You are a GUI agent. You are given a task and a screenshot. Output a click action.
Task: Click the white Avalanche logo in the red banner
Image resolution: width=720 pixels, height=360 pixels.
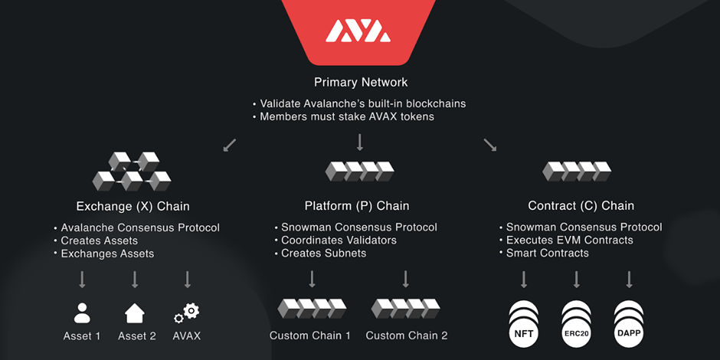tap(358, 31)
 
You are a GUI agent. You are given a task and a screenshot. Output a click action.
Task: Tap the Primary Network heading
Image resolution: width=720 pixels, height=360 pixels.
tap(361, 82)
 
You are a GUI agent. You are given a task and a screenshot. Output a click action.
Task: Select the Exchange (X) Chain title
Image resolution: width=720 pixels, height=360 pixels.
tap(133, 206)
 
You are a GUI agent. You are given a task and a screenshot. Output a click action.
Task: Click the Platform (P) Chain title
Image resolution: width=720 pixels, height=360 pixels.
tap(356, 206)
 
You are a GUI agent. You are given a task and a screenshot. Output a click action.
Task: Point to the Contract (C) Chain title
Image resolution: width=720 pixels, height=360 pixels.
tap(581, 206)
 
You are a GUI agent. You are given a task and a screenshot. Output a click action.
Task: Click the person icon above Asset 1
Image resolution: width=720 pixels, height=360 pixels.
tap(82, 313)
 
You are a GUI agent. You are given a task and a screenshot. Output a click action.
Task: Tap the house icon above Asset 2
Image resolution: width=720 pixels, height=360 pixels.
tap(135, 313)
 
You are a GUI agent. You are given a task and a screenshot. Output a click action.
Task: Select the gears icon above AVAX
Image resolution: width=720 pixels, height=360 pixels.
tap(186, 313)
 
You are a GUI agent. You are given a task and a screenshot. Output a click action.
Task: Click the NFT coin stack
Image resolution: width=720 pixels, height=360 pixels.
tap(525, 322)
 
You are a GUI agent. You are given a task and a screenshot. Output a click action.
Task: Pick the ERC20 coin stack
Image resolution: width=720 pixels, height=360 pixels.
tap(576, 322)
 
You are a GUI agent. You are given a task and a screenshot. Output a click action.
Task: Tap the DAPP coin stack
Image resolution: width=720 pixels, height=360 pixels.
tap(628, 322)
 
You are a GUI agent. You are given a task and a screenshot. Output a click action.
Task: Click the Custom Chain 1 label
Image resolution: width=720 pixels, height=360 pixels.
tap(310, 335)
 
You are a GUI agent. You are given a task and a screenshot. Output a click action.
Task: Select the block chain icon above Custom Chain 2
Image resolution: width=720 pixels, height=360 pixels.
tap(406, 309)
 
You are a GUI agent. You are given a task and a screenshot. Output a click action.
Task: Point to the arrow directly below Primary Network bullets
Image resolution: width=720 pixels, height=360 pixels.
tap(359, 142)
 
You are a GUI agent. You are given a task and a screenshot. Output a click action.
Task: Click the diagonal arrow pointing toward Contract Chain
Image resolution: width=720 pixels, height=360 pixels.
tap(489, 144)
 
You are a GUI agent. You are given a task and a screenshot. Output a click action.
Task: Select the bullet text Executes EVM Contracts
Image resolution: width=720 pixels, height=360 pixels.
tap(570, 241)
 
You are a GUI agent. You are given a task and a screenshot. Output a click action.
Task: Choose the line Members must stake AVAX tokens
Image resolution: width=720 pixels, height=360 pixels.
tap(349, 117)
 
